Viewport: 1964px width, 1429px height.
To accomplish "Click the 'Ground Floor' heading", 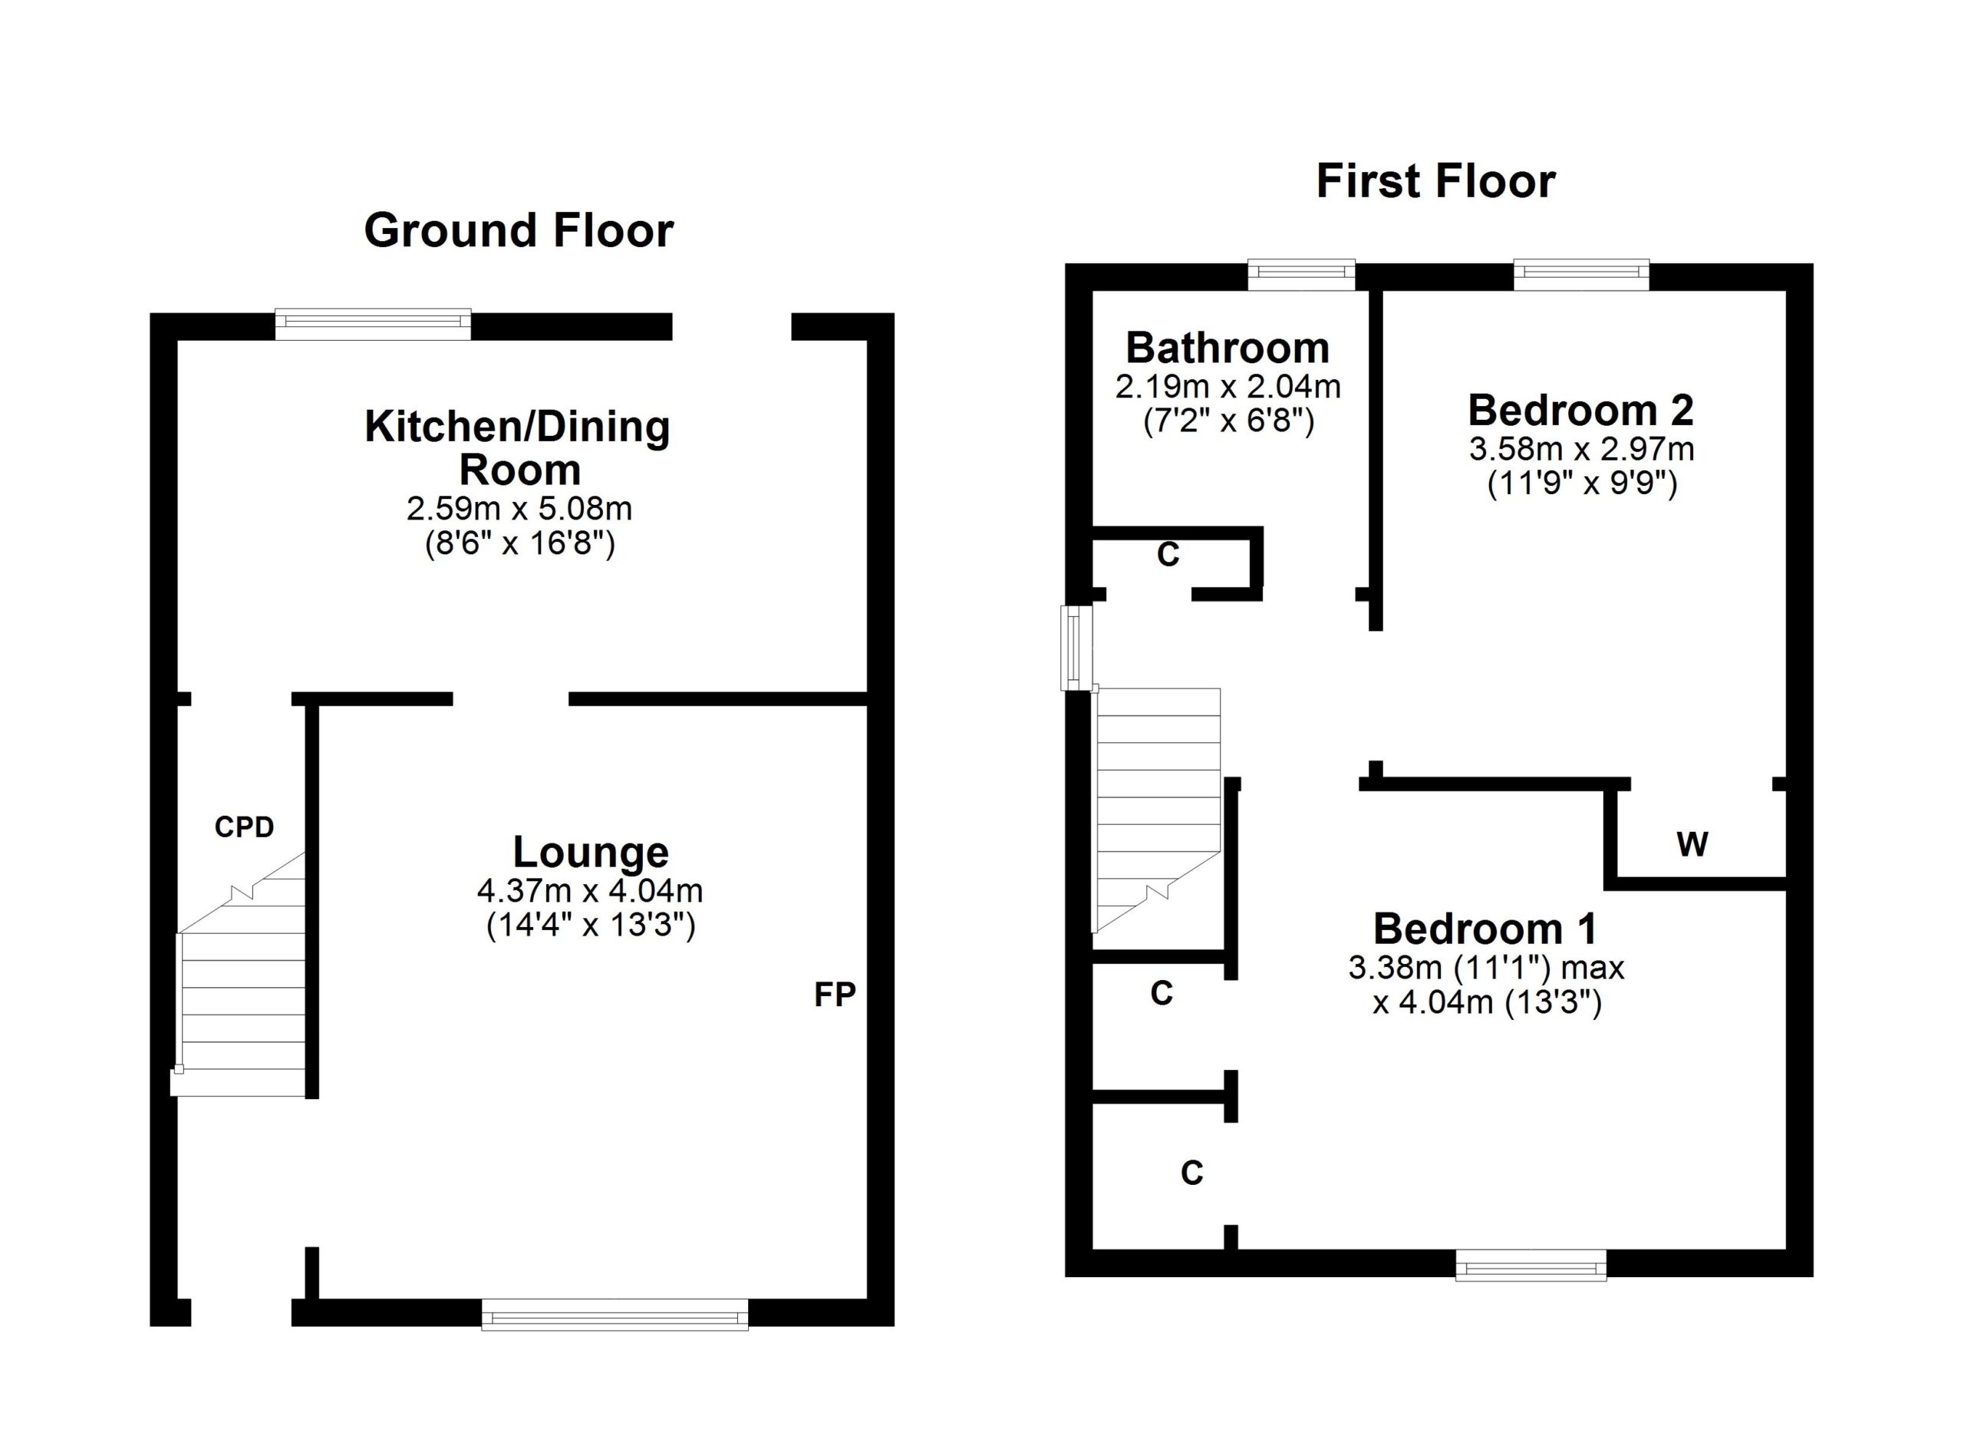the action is pos(519,231).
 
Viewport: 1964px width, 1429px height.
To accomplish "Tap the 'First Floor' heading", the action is pos(1435,182).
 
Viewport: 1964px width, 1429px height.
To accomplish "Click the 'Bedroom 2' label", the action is pos(1580,411).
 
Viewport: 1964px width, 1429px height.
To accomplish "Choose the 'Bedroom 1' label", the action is pos(1485,929).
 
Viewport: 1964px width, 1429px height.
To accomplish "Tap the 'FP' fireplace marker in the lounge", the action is pos(835,995).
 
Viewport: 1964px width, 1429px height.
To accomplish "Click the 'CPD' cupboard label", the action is pos(244,827).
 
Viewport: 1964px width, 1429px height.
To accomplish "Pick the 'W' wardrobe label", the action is pos(1693,843).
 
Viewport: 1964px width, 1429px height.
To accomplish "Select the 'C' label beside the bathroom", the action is pos(1168,554).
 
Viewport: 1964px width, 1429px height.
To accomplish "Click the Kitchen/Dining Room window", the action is pos(373,324).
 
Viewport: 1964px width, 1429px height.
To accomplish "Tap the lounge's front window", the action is pos(615,1314).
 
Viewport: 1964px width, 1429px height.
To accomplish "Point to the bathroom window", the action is pos(1302,275).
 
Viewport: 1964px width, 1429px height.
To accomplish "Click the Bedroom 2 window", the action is pos(1581,275).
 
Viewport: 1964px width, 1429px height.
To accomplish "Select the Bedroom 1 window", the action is pos(1531,1266).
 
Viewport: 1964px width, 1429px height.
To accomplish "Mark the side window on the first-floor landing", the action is pos(1077,648).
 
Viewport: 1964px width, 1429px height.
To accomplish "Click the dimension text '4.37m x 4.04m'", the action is pos(590,890).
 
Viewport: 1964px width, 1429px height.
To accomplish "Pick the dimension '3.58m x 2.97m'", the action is pos(1581,449).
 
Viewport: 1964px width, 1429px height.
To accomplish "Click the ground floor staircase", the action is pos(241,975).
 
